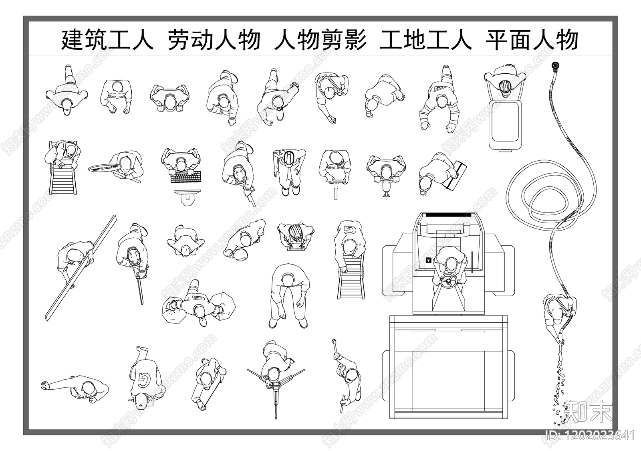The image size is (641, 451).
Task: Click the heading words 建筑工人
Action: click(x=107, y=40)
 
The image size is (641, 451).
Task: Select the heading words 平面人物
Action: click(x=532, y=40)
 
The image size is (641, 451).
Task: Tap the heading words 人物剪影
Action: click(x=320, y=40)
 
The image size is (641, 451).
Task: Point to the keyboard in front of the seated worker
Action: click(x=186, y=177)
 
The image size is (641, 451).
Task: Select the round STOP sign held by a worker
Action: click(x=105, y=168)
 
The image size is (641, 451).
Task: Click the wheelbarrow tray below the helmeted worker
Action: click(x=505, y=124)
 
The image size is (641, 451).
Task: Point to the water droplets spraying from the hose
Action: click(x=559, y=385)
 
